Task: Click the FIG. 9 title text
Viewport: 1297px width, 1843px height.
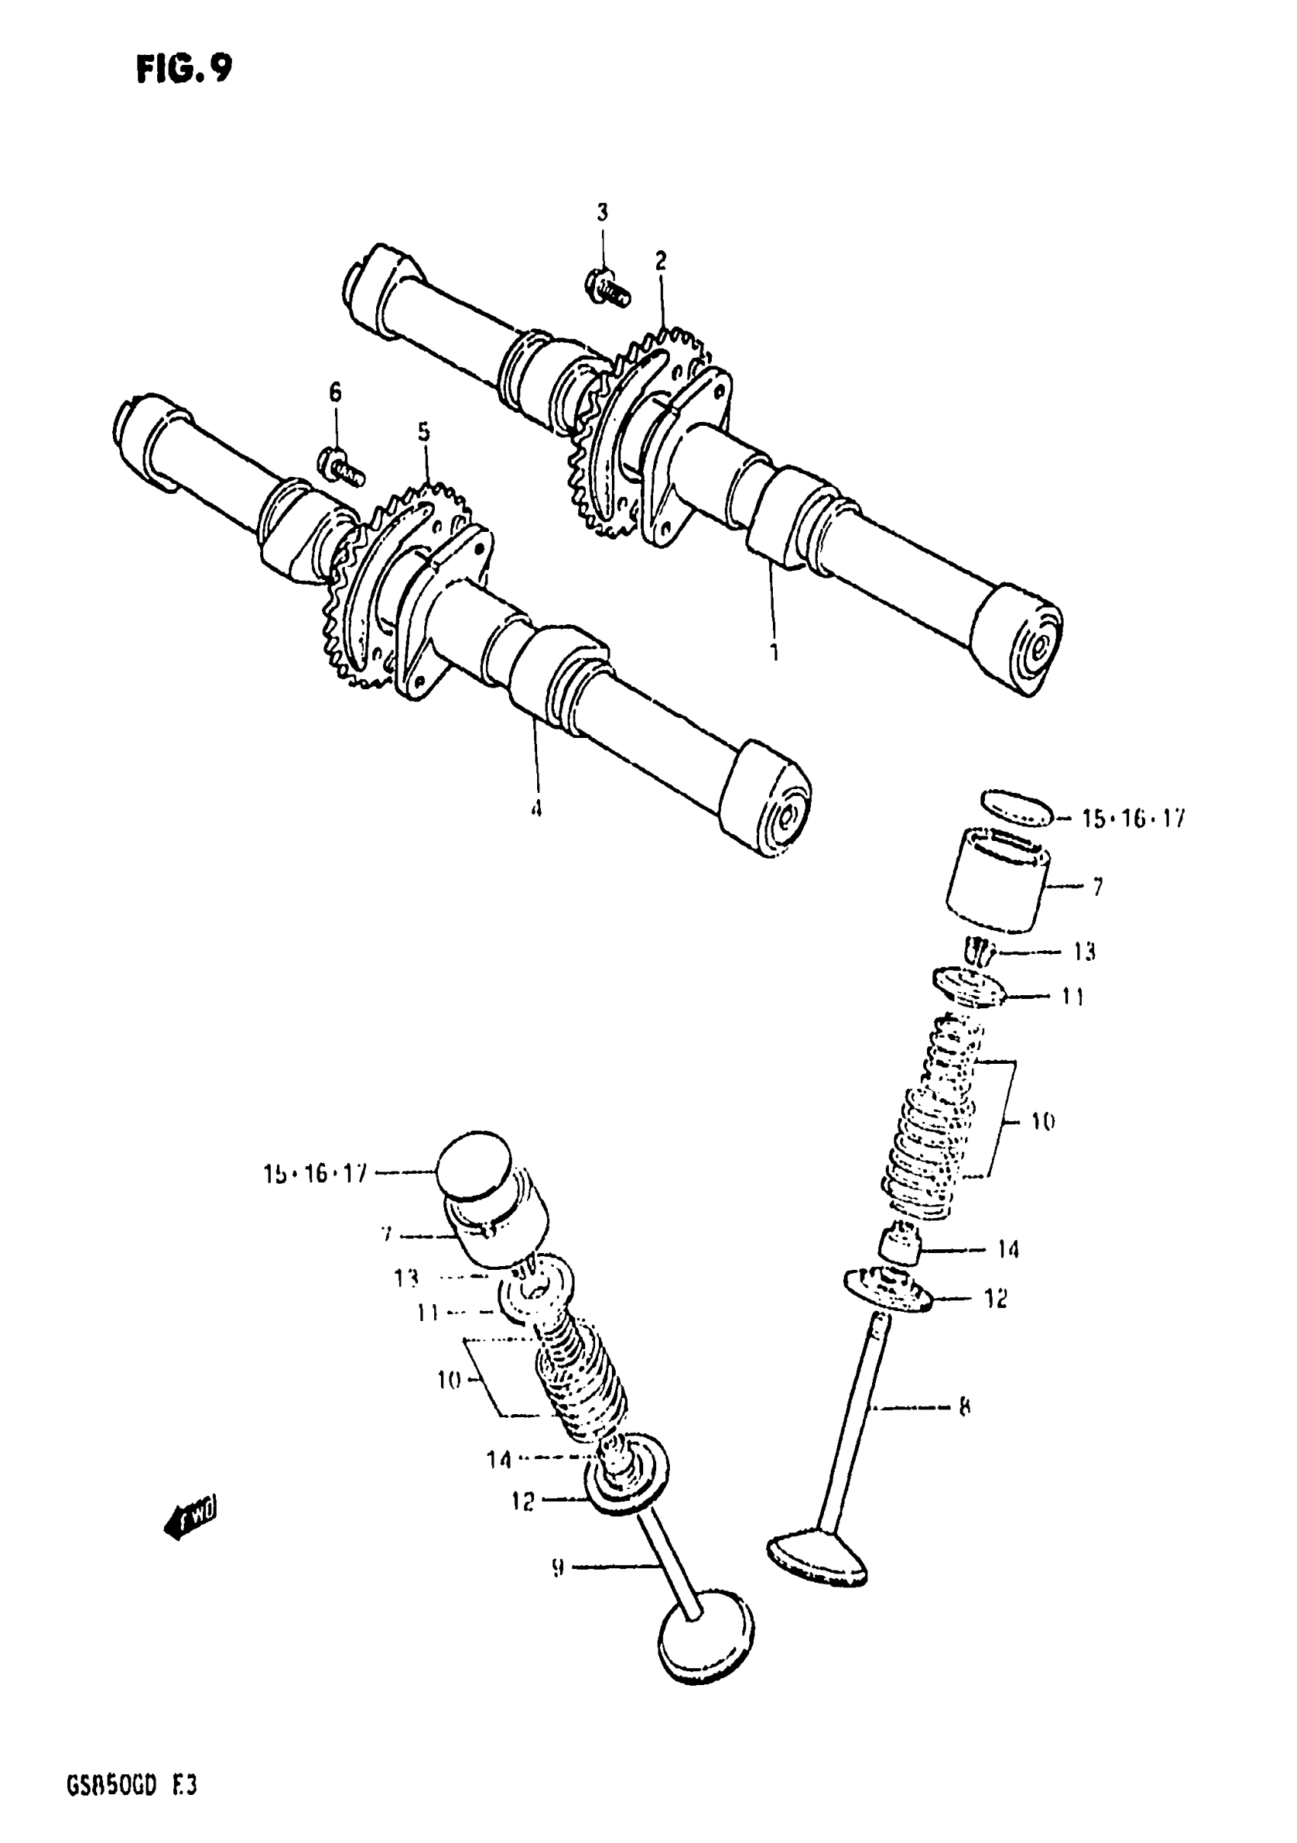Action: (184, 70)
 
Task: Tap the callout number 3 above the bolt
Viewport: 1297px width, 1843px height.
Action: (602, 213)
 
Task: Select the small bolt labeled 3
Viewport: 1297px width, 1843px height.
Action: (607, 290)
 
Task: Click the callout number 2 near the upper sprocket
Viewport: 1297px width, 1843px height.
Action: (661, 261)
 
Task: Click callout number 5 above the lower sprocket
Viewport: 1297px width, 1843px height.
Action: (423, 433)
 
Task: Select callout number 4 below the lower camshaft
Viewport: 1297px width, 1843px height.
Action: (536, 807)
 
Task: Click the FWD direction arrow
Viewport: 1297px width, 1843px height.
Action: (189, 1514)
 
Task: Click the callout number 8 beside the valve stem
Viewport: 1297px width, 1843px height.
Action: (964, 1406)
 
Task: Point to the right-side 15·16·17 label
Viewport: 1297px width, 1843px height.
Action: (1132, 820)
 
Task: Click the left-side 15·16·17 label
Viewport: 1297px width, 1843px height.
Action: (314, 1174)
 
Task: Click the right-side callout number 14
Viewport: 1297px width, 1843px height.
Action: (1008, 1249)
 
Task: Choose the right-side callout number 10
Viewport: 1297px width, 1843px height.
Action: (1043, 1121)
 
